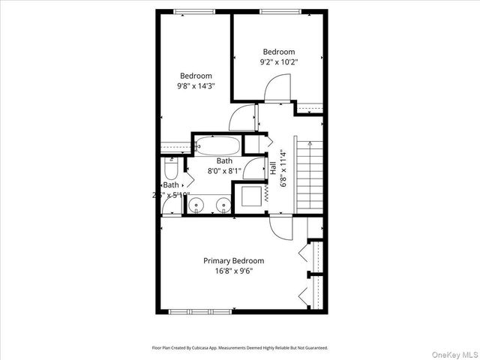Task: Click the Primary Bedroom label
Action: (233, 261)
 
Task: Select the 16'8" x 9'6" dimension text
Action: (233, 271)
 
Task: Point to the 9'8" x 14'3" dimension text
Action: (196, 86)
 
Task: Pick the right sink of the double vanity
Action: (223, 204)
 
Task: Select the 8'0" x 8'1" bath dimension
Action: (224, 171)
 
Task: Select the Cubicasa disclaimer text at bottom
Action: (239, 348)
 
